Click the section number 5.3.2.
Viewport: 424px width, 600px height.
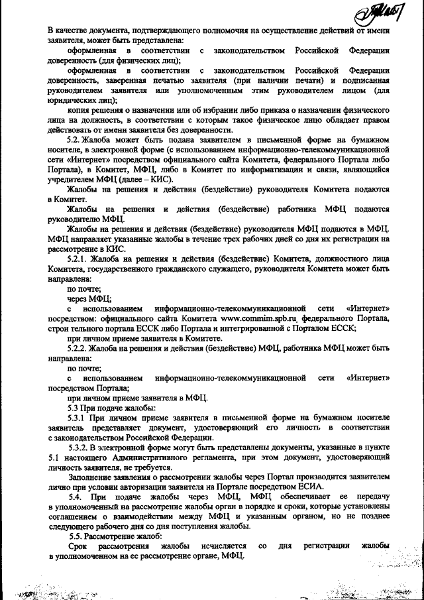81,448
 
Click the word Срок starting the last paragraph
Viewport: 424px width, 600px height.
78,545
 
